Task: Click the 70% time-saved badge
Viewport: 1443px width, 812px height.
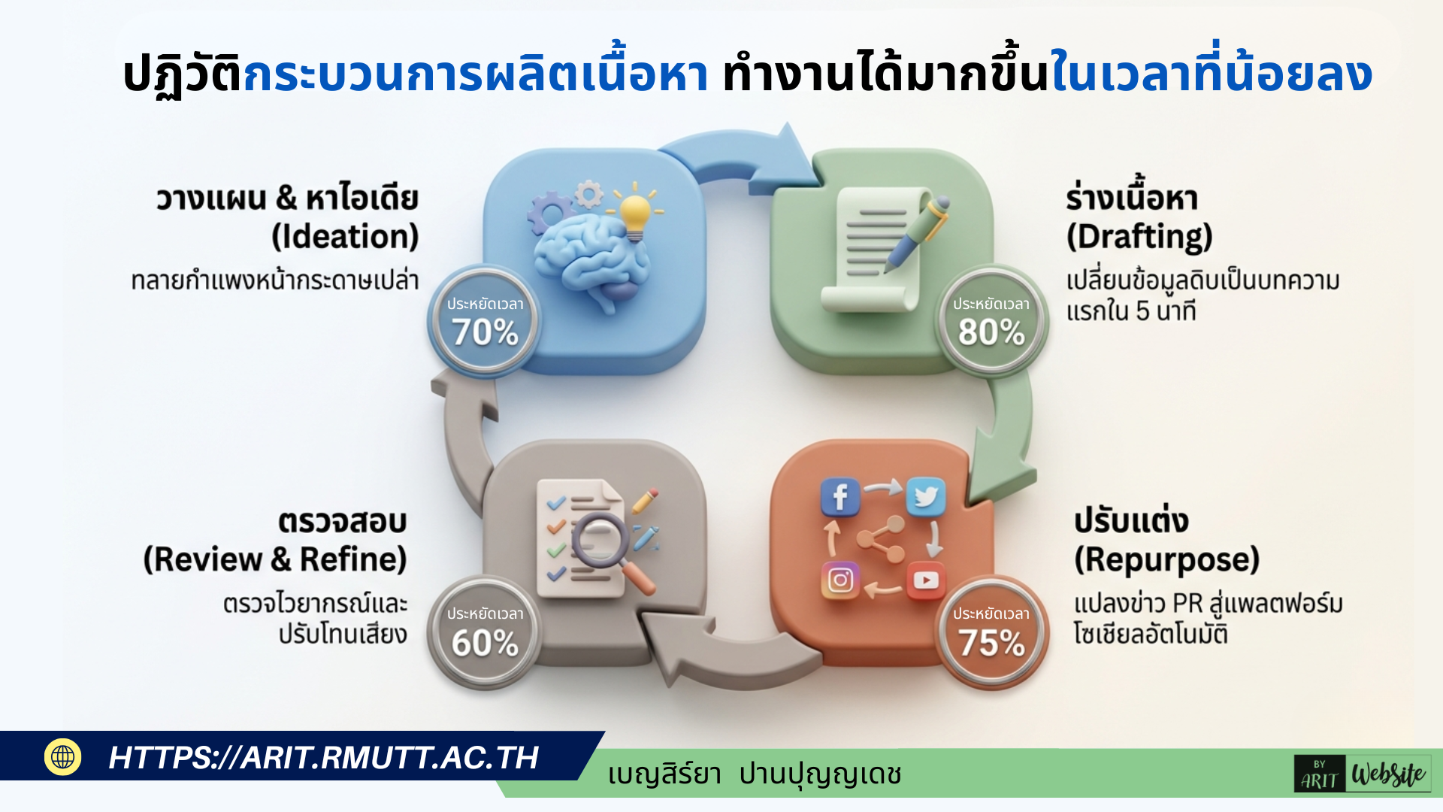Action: (485, 322)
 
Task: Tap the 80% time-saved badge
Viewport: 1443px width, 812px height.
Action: (991, 322)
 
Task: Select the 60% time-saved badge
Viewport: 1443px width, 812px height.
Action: (485, 632)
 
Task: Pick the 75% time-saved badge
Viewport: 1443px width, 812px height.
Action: (991, 632)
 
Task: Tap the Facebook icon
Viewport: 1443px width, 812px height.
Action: (840, 497)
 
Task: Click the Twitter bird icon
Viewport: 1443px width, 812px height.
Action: (926, 497)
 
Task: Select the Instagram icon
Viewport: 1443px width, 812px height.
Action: (840, 580)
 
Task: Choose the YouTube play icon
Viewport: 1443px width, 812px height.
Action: (926, 580)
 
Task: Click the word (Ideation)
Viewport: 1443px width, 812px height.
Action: (345, 237)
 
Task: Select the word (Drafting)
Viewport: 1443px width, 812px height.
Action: (1139, 237)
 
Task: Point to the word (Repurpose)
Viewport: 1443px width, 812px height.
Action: (1166, 560)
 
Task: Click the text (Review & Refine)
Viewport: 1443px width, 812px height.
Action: (275, 560)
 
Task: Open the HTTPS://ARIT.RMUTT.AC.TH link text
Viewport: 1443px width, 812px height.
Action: (324, 758)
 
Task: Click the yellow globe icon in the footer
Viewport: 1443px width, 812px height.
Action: (63, 757)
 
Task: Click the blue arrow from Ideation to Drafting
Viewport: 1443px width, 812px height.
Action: (744, 154)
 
